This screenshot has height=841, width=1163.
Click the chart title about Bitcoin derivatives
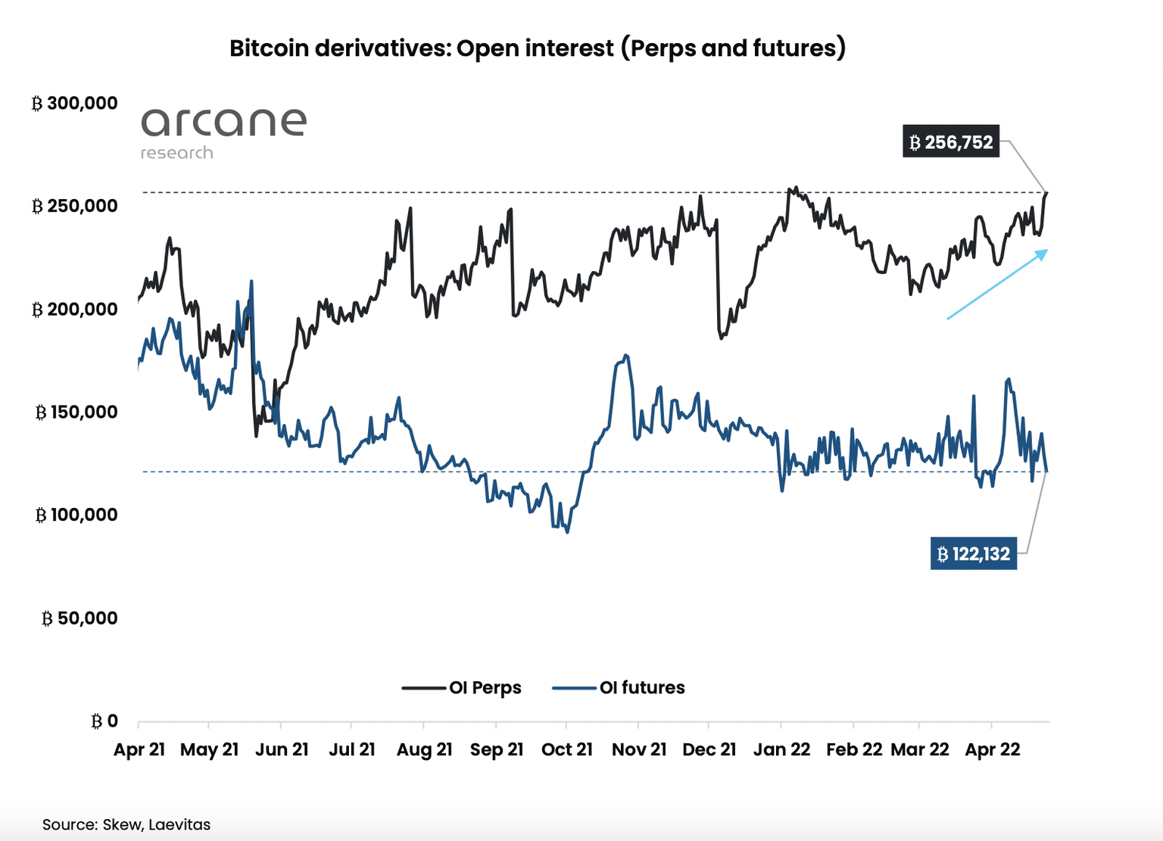[x=538, y=48]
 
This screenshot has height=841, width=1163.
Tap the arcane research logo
[x=223, y=132]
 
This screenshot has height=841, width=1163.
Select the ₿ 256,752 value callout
[x=951, y=142]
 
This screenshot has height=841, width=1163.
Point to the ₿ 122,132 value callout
[x=973, y=554]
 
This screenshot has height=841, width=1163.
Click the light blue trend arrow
[x=997, y=285]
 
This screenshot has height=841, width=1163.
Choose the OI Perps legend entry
[x=462, y=687]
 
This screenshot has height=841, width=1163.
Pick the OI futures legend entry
[x=619, y=687]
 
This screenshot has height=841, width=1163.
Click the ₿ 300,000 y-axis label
[x=74, y=103]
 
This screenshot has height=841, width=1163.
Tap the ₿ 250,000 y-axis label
[x=74, y=206]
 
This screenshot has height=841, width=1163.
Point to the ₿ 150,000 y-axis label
[x=76, y=412]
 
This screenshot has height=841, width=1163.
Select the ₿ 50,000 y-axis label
[x=79, y=618]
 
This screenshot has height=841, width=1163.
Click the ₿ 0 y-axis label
[x=104, y=721]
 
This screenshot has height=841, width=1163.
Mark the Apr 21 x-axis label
[x=139, y=749]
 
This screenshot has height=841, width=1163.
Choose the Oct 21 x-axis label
[x=566, y=749]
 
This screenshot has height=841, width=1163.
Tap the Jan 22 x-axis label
[x=781, y=749]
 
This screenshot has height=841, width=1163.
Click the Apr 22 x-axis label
[x=992, y=749]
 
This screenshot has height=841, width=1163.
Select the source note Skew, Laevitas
[x=126, y=824]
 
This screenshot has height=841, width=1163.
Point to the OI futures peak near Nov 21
[x=625, y=355]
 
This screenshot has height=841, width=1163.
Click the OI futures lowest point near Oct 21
[x=567, y=532]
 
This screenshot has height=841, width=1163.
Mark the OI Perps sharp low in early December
[x=721, y=338]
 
